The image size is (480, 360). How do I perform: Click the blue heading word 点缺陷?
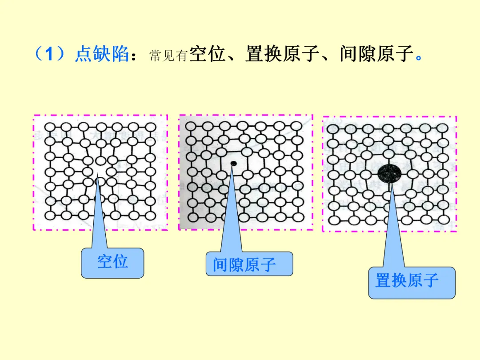tap(102, 55)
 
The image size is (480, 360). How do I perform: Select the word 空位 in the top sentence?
tap(207, 54)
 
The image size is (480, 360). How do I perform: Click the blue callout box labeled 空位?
tap(112, 263)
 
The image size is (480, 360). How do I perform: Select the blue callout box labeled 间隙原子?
tap(249, 264)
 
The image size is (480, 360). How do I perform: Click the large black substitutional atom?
tap(389, 172)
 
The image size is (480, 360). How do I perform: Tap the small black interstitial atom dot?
tap(233, 164)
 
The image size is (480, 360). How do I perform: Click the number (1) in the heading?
tap(50, 55)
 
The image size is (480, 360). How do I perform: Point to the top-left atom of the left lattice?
tap(50, 127)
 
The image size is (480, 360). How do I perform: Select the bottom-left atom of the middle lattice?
tap(192, 217)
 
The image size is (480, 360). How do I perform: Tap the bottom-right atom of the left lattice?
tap(151, 215)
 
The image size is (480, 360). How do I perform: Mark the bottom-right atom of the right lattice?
tap(442, 220)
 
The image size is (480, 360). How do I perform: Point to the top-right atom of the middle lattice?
tap(296, 126)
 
